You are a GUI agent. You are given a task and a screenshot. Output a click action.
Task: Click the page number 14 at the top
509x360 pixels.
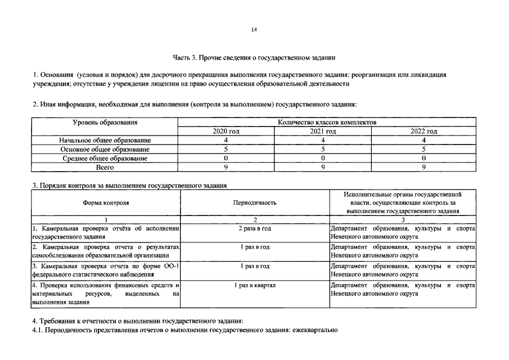point(254,29)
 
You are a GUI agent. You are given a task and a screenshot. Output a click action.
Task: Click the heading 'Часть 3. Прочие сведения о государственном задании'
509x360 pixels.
point(254,57)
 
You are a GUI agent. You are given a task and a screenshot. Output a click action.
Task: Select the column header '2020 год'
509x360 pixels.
point(226,131)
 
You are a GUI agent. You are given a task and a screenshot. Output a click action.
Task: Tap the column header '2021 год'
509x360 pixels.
point(323,131)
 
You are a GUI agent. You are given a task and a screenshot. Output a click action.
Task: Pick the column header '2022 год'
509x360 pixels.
point(424,131)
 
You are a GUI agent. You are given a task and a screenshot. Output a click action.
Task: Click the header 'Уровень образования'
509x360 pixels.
point(105,122)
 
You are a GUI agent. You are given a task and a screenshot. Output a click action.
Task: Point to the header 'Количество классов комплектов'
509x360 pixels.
point(327,122)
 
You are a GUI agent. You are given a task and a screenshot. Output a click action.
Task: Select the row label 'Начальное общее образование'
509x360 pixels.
point(105,140)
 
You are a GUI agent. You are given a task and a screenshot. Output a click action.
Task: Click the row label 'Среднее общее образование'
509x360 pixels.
point(105,159)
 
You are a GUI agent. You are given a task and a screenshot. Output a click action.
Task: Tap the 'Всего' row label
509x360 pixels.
point(105,168)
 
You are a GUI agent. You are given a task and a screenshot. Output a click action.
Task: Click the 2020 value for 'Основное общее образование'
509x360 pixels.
point(226,150)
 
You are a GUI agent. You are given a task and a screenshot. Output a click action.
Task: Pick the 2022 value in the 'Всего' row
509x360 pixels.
point(424,168)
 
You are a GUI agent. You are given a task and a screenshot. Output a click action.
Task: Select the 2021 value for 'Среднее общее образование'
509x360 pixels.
point(323,159)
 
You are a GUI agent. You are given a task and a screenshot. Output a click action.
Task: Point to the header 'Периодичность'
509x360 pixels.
point(255,202)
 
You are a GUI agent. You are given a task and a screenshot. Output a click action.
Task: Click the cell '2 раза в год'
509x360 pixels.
point(255,229)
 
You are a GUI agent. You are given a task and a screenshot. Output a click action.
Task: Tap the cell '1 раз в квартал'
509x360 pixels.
point(255,286)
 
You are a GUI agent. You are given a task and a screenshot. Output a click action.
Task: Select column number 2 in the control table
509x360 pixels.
point(255,219)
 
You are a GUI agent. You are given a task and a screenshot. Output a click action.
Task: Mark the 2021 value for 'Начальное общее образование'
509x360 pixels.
point(323,140)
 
